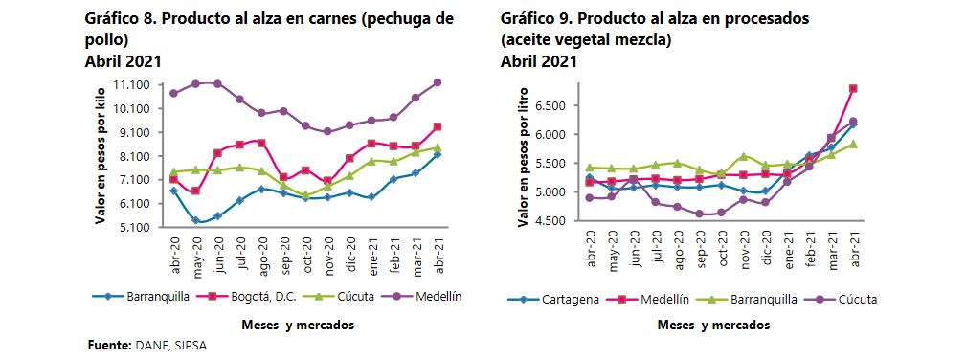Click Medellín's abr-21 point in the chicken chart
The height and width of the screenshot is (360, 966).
(437, 82)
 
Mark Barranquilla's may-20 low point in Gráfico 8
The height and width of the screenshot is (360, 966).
(195, 220)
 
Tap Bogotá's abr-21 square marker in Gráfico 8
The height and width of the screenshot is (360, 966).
(437, 126)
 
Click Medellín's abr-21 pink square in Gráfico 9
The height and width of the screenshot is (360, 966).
(853, 89)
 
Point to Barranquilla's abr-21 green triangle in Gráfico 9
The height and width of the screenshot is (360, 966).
(853, 144)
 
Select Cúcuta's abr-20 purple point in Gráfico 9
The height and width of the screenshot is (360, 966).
(589, 198)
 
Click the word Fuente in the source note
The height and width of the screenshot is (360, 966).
(106, 343)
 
